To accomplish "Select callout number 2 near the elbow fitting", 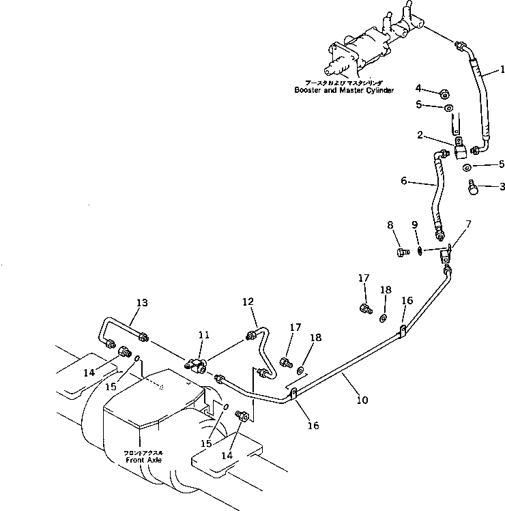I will (422, 136).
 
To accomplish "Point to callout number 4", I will (418, 89).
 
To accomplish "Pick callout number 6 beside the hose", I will (404, 181).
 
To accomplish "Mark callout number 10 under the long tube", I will (360, 400).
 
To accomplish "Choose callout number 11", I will (204, 335).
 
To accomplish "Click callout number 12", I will (248, 302).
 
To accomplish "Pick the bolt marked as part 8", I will (403, 252).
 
